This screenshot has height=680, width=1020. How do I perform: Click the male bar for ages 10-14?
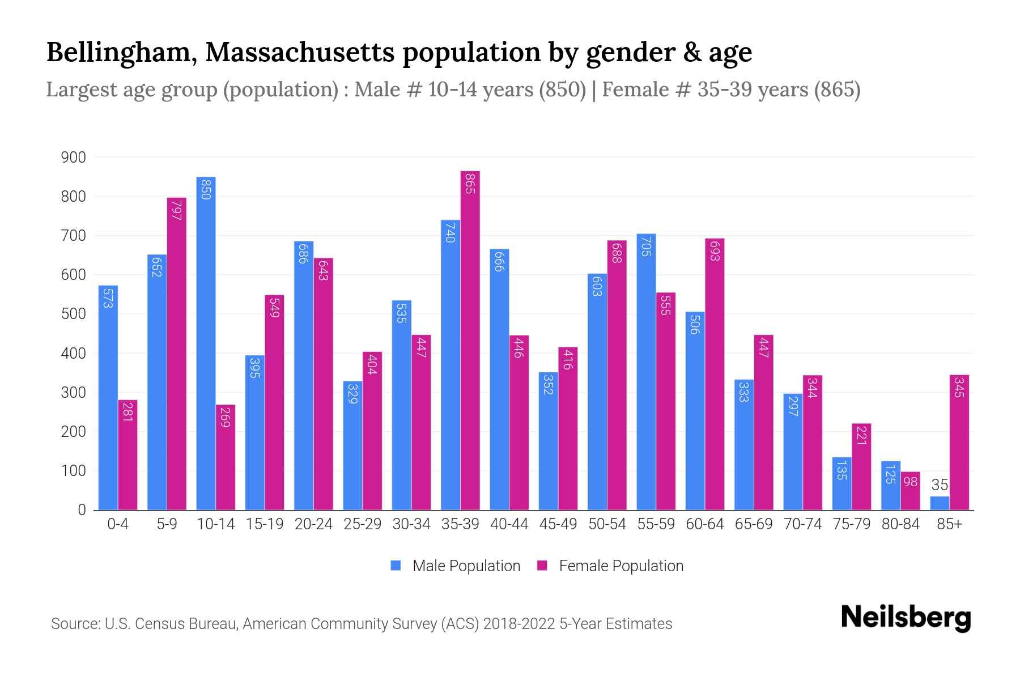click(206, 343)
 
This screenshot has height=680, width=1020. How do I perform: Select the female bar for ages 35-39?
click(470, 340)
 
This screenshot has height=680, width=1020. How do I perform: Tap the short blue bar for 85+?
click(940, 503)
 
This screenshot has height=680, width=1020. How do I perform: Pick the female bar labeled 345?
click(959, 442)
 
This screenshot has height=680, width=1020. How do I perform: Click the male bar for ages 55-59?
click(646, 372)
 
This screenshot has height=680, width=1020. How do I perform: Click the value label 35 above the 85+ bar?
click(940, 485)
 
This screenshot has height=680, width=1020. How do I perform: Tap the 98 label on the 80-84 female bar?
click(910, 482)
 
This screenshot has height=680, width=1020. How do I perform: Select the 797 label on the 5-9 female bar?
click(176, 210)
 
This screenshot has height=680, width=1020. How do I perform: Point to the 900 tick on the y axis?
click(73, 158)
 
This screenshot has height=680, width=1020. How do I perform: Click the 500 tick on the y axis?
click(73, 314)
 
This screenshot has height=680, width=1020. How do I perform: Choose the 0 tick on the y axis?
click(82, 510)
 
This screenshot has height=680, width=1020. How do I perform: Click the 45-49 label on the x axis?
click(558, 524)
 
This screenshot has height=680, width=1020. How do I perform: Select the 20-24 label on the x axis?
click(313, 524)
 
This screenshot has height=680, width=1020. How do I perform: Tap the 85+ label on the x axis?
click(949, 524)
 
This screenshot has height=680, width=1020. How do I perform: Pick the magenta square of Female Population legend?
click(542, 566)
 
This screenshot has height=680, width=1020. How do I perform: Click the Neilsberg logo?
click(906, 618)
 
